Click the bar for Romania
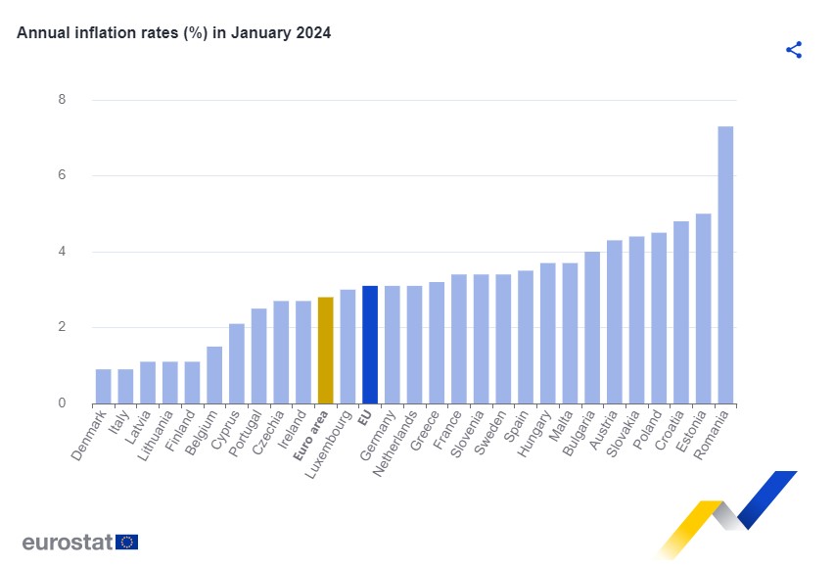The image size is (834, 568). (725, 264)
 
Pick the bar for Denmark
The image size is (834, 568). (103, 386)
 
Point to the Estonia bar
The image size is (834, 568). (703, 308)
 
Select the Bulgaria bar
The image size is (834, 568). (592, 327)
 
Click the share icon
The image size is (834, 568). (794, 50)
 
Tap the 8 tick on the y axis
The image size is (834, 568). (62, 100)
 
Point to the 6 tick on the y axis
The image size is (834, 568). (62, 175)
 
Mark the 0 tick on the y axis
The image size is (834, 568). (62, 403)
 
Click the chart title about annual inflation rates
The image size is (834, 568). (174, 32)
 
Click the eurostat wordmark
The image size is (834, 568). (67, 543)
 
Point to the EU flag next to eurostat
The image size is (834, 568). (126, 542)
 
